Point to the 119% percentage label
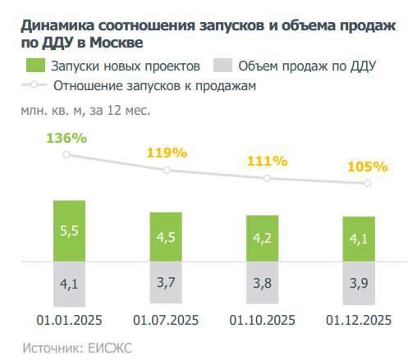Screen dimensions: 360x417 (167, 153)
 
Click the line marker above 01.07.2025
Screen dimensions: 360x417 (167, 170)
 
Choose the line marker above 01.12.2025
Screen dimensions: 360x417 (367, 183)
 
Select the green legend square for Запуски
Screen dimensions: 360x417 (34, 66)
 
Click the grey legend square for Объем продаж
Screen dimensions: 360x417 (222, 66)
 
